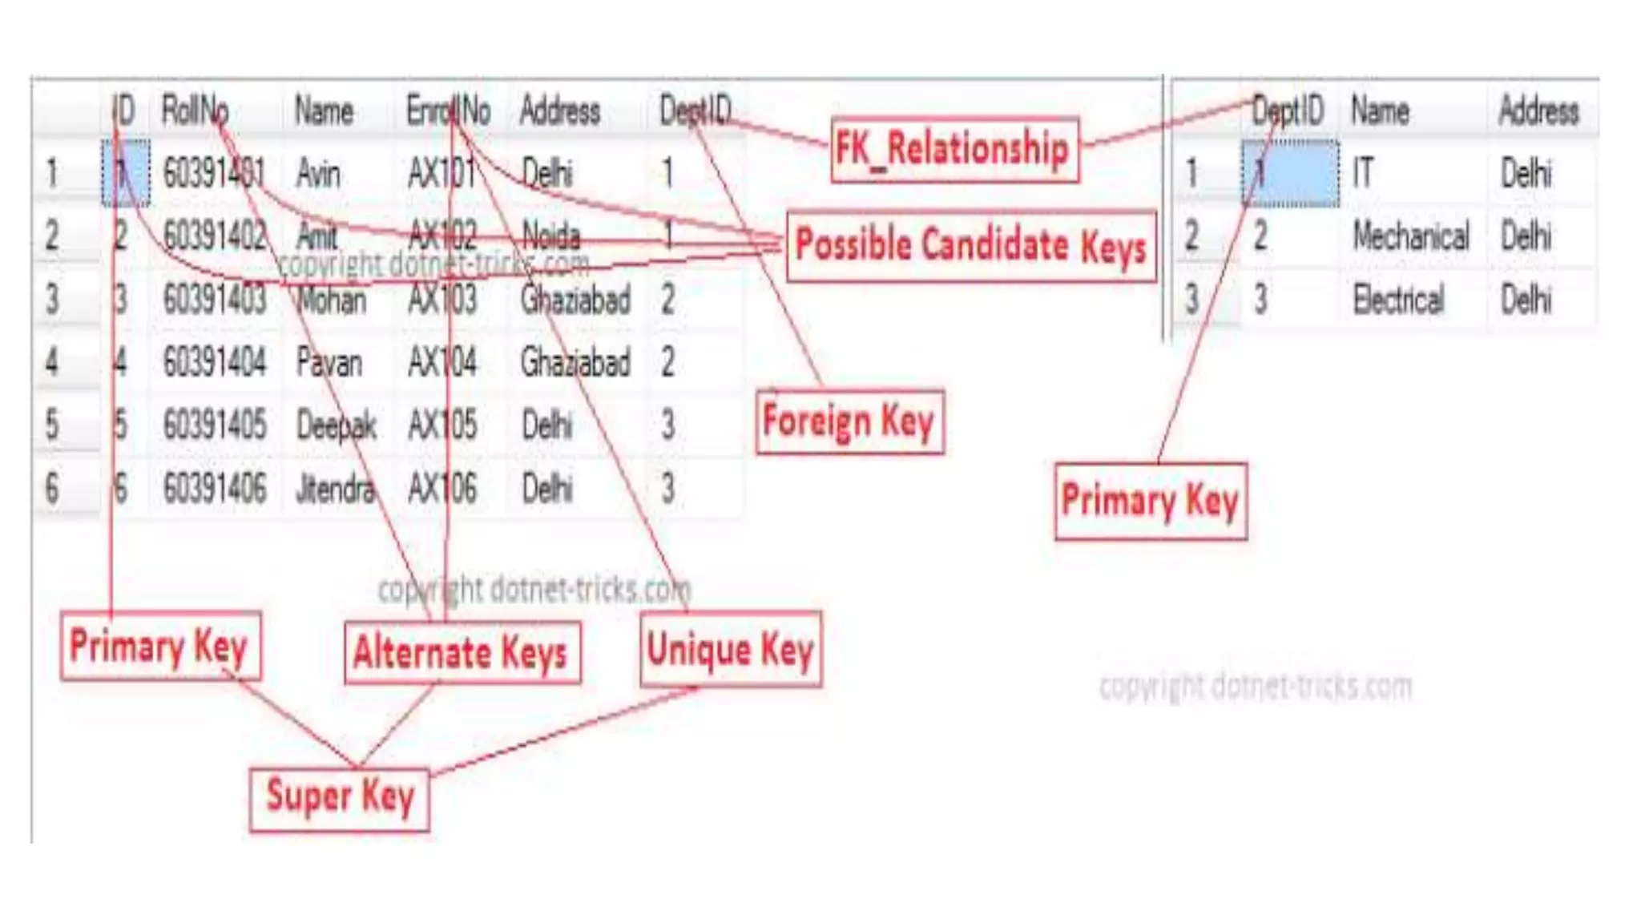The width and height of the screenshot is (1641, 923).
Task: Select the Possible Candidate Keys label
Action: point(970,245)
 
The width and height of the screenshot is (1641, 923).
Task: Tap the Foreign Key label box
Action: point(849,421)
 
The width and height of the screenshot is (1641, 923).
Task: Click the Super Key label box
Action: point(340,798)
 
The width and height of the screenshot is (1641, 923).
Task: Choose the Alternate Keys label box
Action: point(462,652)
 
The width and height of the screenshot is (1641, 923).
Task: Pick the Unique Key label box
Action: point(730,649)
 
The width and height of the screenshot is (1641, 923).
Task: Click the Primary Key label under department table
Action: point(1151,501)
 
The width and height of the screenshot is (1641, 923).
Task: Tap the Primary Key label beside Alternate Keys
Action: point(159,646)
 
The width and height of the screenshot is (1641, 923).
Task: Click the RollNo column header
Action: point(195,110)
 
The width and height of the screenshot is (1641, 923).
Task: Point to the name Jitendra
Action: point(334,488)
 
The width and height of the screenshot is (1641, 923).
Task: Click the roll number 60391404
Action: point(214,362)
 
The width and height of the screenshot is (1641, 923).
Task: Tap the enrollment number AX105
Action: point(441,425)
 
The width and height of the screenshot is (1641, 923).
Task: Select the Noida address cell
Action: point(551,236)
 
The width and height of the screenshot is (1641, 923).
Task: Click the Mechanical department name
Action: point(1411,236)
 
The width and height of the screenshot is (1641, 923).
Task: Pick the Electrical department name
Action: point(1398,299)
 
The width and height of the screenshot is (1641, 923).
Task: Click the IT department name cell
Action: point(1363,173)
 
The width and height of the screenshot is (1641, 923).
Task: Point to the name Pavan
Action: point(329,362)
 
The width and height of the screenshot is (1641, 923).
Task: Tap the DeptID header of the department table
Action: point(1287,110)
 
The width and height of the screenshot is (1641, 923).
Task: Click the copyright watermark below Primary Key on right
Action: point(1255,687)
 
